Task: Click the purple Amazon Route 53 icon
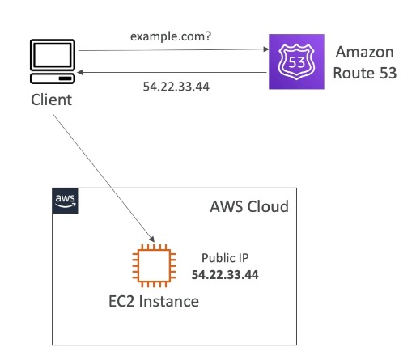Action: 296,61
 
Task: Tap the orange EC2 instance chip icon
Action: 154,265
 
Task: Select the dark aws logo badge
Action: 65,201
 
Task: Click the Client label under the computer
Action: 51,100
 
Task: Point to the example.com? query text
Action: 171,36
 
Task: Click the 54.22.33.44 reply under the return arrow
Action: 176,87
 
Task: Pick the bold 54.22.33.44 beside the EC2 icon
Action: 225,275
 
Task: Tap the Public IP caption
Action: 225,258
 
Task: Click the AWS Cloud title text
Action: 249,206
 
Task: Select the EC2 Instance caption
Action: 154,301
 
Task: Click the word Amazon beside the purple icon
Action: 365,52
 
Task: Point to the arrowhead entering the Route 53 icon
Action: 266,49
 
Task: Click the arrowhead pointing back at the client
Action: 80,72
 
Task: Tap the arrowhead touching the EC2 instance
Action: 152,239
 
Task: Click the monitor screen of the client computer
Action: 53,55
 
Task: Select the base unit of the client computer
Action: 53,78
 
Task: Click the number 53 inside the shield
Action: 296,62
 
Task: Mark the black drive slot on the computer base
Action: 66,78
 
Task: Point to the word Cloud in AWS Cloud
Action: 269,206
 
